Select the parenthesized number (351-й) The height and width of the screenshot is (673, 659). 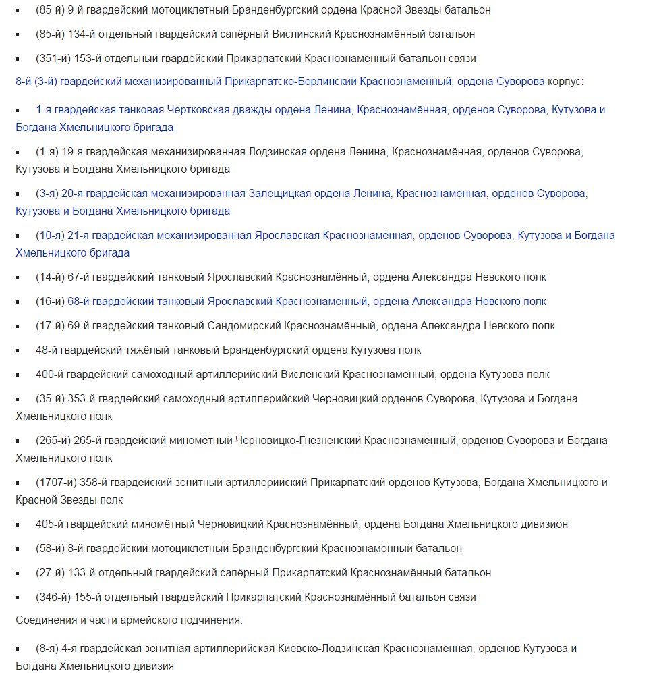tap(50, 59)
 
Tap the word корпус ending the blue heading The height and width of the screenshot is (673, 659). tap(565, 82)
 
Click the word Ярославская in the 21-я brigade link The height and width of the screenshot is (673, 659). tap(287, 236)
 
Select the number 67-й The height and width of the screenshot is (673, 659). tap(80, 277)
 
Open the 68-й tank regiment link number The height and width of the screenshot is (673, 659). tap(80, 302)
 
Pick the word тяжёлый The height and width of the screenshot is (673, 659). tap(152, 350)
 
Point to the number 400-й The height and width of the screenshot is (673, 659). tap(50, 375)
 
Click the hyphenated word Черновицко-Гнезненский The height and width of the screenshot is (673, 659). tap(299, 441)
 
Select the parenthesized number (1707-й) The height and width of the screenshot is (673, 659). tap(56, 483)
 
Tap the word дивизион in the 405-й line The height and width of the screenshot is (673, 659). tap(544, 524)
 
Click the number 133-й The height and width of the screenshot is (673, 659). tap(80, 573)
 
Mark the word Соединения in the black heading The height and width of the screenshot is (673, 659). tap(47, 620)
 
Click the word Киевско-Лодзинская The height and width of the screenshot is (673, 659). tap(328, 649)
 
